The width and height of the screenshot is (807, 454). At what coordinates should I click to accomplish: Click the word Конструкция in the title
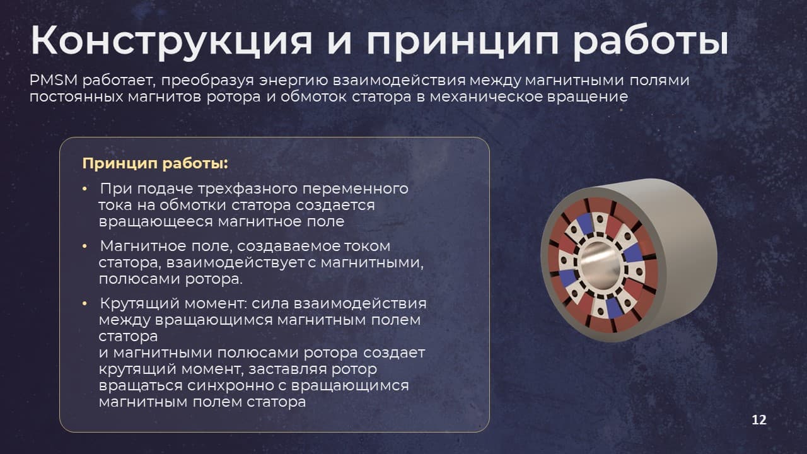pos(171,41)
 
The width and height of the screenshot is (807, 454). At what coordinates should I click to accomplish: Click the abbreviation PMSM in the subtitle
pos(54,80)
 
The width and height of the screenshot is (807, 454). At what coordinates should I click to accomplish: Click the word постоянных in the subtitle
pos(76,97)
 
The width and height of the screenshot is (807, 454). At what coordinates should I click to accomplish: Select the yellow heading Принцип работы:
pos(155,164)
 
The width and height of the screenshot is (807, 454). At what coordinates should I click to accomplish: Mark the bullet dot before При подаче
pos(84,189)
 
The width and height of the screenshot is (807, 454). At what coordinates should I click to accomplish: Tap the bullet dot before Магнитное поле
pos(84,247)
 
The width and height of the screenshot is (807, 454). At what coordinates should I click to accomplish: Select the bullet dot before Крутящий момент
pos(84,304)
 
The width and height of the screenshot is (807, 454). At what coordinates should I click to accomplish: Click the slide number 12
pos(758,420)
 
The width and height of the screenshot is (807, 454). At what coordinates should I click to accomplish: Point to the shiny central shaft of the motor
pos(600,265)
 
